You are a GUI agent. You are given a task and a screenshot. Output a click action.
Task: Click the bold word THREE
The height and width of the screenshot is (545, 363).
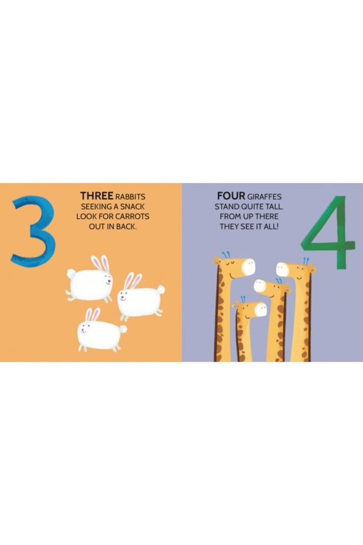[x=97, y=196]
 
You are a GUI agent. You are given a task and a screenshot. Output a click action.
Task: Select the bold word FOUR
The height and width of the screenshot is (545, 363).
[x=231, y=196]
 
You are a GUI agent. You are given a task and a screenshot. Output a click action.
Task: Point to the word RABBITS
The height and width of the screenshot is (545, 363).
[x=130, y=197]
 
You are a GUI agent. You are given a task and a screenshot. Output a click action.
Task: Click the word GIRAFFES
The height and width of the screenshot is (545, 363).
[x=265, y=197]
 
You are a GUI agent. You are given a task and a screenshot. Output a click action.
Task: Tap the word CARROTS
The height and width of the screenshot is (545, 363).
[x=132, y=217]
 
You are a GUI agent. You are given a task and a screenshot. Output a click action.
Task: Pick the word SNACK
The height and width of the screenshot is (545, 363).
[x=133, y=206]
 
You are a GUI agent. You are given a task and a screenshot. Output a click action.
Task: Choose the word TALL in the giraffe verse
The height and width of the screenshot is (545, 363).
[x=275, y=206]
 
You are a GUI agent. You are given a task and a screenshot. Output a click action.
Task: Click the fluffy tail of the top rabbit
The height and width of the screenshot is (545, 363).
[x=71, y=274]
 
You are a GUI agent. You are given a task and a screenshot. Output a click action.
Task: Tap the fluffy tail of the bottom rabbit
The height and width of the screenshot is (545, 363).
[x=122, y=329]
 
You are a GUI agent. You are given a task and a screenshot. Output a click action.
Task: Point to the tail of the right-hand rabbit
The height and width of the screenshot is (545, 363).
[x=160, y=289]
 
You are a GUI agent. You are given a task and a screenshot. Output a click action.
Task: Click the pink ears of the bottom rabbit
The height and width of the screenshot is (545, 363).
[x=93, y=315]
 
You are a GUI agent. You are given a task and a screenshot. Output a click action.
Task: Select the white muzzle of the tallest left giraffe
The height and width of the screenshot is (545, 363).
[x=247, y=267]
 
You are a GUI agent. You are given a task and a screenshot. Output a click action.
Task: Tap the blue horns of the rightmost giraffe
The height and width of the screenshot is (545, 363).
[x=306, y=261]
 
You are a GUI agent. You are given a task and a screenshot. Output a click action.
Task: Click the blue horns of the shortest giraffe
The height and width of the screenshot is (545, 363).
[x=243, y=299]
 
